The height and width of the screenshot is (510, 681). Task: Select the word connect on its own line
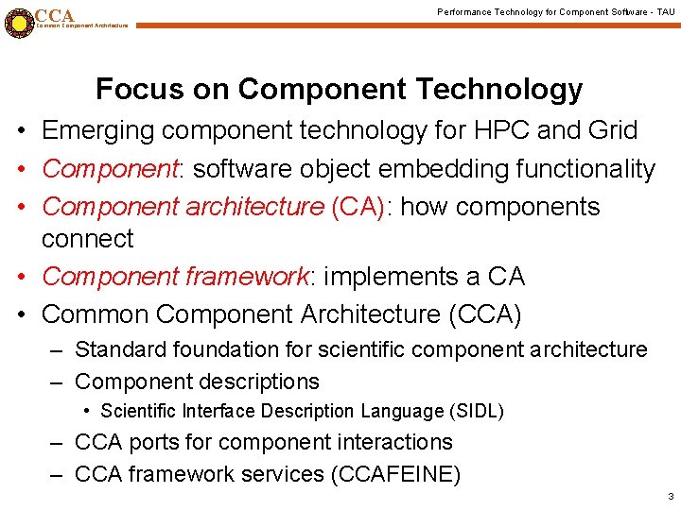(x=88, y=239)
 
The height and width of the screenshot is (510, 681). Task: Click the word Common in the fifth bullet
(x=95, y=314)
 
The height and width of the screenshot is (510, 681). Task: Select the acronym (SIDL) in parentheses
(x=475, y=412)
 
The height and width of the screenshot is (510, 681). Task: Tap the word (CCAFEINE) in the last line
(x=394, y=474)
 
